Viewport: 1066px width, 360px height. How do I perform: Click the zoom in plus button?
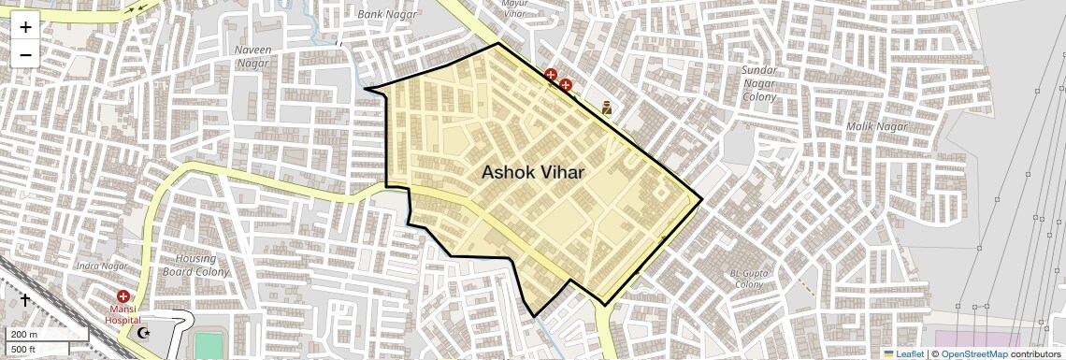click(25, 26)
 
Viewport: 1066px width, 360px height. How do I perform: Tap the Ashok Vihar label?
click(533, 173)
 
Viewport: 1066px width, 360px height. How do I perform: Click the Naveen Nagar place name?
click(252, 56)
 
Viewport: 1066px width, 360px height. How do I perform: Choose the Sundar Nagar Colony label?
click(759, 84)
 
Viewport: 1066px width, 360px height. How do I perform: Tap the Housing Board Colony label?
click(196, 265)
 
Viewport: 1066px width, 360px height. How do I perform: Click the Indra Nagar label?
click(102, 266)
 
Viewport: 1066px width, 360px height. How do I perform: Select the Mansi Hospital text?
click(122, 313)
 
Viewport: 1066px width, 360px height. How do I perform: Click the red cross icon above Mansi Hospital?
click(122, 296)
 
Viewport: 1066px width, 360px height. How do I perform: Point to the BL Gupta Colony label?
click(748, 279)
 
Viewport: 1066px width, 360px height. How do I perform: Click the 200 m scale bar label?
click(24, 335)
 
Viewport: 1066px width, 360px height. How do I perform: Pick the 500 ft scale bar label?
click(23, 349)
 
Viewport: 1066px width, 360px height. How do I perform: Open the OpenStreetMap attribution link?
click(974, 353)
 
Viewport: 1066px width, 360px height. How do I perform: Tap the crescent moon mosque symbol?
click(143, 332)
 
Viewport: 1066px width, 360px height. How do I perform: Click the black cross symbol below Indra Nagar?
click(25, 299)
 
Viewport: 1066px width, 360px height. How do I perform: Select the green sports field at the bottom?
click(207, 346)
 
